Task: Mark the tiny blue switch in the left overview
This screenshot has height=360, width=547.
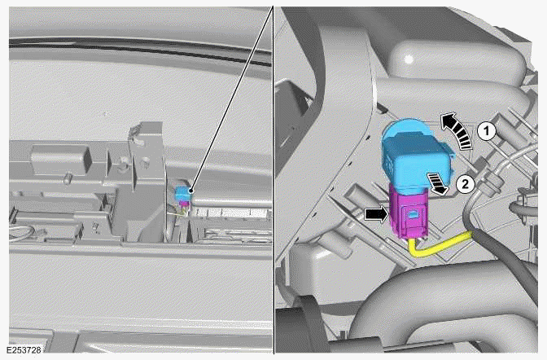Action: point(184,192)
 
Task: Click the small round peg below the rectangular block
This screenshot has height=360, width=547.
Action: point(72,174)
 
